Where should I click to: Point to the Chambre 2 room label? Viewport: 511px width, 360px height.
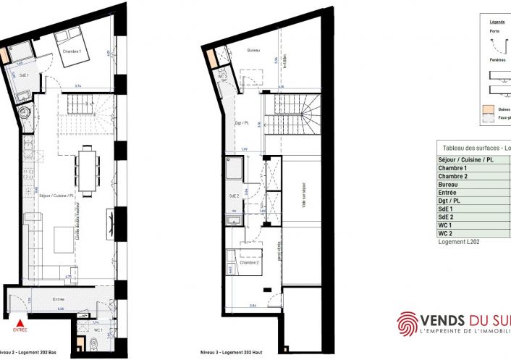[x=250, y=263]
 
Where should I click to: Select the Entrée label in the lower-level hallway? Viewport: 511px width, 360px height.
[x=59, y=298]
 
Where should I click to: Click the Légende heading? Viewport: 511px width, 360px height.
[x=497, y=22]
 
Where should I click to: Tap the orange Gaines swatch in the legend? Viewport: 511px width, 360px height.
[x=489, y=111]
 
